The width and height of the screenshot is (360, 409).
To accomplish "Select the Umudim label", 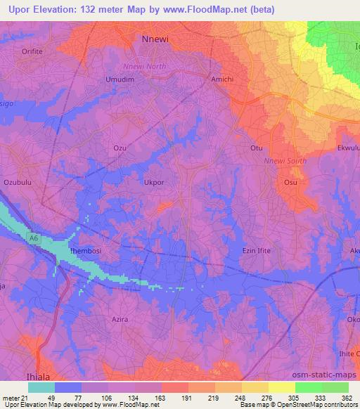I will click(120, 79).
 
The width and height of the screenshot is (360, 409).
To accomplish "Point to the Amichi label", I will click(222, 79).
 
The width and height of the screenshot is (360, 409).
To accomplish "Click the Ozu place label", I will click(120, 148).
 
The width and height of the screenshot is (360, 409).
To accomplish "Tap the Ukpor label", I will click(154, 182).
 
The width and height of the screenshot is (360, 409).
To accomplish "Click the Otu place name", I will click(257, 148).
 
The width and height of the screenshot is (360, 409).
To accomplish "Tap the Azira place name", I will click(120, 319).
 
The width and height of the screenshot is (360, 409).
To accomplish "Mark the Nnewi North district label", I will click(143, 67).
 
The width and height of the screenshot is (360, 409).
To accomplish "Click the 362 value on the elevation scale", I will click(347, 397).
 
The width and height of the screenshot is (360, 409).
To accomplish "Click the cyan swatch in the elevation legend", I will click(41, 387).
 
